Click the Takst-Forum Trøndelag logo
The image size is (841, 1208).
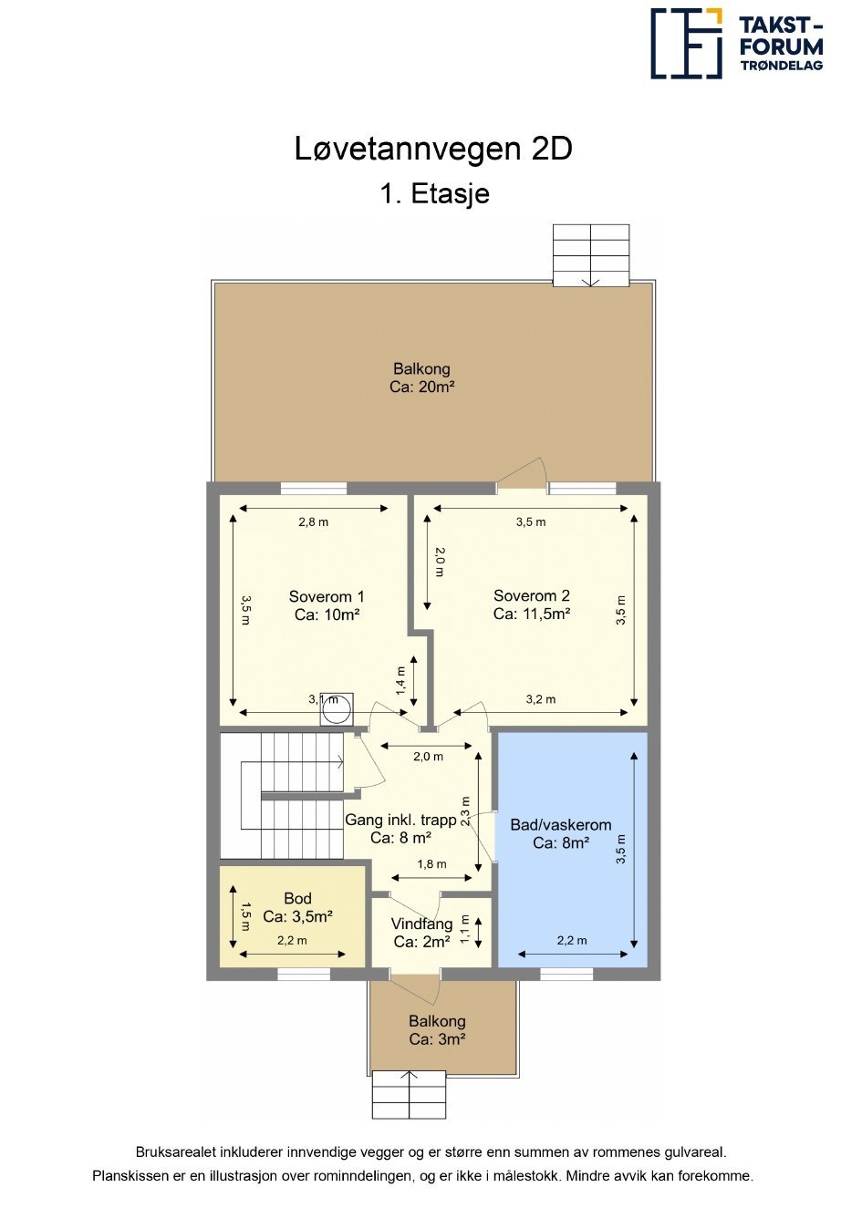[x=735, y=43]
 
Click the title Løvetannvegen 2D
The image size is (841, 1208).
[x=433, y=149]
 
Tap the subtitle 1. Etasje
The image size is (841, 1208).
[x=434, y=193]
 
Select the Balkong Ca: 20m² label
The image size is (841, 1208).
[x=421, y=377]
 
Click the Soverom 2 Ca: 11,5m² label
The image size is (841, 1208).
[x=532, y=605]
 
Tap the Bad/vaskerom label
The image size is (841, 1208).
[x=560, y=833]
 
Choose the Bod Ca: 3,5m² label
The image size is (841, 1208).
[x=297, y=907]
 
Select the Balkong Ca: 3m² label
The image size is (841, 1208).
[x=437, y=1030]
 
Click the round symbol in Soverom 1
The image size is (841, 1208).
[x=336, y=709]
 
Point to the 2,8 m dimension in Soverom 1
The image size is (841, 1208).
[x=313, y=522]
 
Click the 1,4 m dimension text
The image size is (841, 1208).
[x=400, y=681]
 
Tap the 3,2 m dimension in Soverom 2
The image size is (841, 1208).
[x=540, y=699]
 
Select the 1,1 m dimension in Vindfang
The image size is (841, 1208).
[x=465, y=928]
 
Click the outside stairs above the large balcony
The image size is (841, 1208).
[x=590, y=255]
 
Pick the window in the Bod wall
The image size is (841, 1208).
[x=303, y=975]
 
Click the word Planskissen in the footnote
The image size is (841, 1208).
[x=131, y=1176]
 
